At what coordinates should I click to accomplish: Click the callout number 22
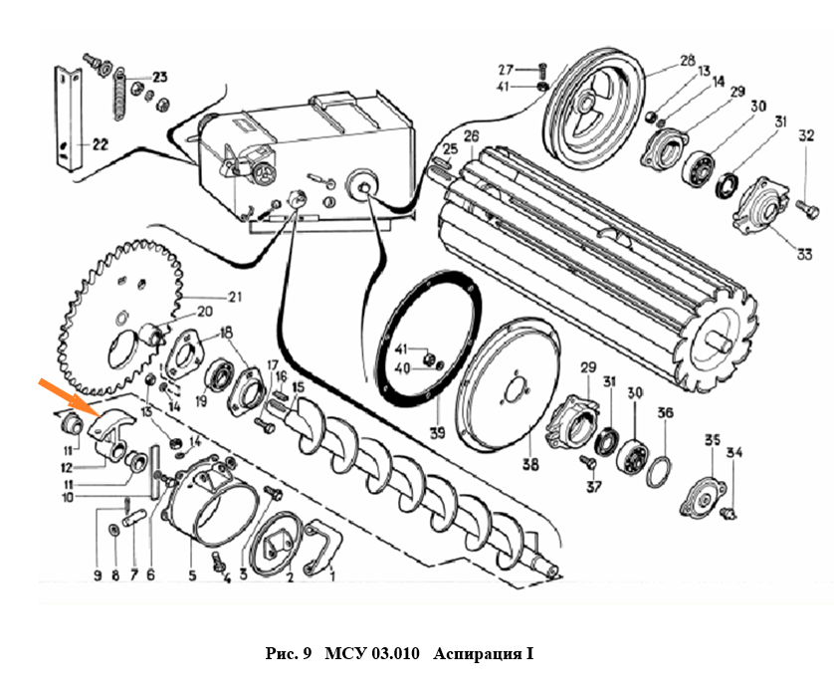[100, 144]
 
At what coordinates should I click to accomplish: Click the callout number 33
[777, 252]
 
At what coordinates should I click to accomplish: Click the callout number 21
[235, 295]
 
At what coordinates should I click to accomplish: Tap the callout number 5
[193, 574]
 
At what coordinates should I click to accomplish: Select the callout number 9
[98, 574]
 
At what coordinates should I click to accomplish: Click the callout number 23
[159, 77]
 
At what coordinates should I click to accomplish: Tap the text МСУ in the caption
[345, 654]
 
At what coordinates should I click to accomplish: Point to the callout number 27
[507, 70]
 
